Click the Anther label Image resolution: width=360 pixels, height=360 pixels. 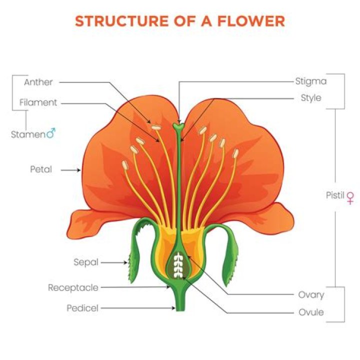[x=38, y=82]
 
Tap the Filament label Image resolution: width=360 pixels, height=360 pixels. [x=38, y=102]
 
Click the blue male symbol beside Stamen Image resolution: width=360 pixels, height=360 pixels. [x=51, y=133]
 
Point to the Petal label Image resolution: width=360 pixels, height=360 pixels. [x=41, y=169]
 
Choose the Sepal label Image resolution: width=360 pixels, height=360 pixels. [x=85, y=261]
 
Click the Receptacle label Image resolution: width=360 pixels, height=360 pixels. [x=73, y=287]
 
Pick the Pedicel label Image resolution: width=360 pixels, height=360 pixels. [x=82, y=308]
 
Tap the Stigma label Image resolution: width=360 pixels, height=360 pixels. [x=310, y=80]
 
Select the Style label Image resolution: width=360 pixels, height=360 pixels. [x=311, y=97]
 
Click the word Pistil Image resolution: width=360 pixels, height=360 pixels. [x=335, y=195]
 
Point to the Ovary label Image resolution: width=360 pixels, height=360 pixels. [x=311, y=295]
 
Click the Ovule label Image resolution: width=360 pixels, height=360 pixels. [x=311, y=312]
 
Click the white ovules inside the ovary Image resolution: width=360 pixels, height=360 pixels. [x=178, y=265]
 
